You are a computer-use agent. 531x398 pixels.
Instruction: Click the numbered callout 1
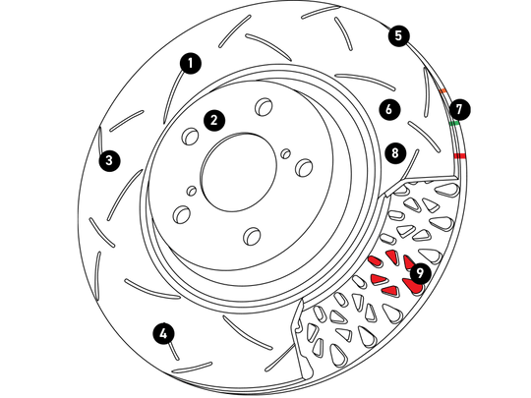coord(191,63)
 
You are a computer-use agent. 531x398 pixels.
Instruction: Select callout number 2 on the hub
coord(214,120)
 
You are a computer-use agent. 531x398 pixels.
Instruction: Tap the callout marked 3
coord(109,160)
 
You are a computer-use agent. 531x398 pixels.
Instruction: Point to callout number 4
coord(163,334)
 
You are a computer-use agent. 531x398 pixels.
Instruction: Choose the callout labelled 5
coord(398,35)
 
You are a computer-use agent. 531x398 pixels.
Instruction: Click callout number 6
coord(389,109)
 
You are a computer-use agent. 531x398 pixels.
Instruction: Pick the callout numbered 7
coord(459,109)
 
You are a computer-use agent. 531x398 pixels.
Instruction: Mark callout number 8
coord(395,153)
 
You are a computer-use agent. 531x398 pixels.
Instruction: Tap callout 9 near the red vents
coord(420,273)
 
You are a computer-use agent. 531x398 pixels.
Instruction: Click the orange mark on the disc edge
coord(442,90)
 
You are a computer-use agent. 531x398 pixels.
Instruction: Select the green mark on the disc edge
coord(454,123)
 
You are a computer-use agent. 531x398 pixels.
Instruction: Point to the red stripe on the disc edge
coord(459,155)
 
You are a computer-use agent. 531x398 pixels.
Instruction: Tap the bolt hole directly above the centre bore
coord(264,106)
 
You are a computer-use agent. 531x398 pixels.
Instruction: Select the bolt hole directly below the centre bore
coord(253,236)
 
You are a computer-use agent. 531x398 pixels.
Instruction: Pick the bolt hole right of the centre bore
coord(304,167)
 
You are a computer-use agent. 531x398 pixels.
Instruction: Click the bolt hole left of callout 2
coord(191,137)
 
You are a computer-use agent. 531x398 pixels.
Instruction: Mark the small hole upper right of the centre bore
coord(286,153)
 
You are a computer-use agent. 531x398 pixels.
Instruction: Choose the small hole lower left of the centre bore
coord(192,191)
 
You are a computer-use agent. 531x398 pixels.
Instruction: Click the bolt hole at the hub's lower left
coord(182,214)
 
